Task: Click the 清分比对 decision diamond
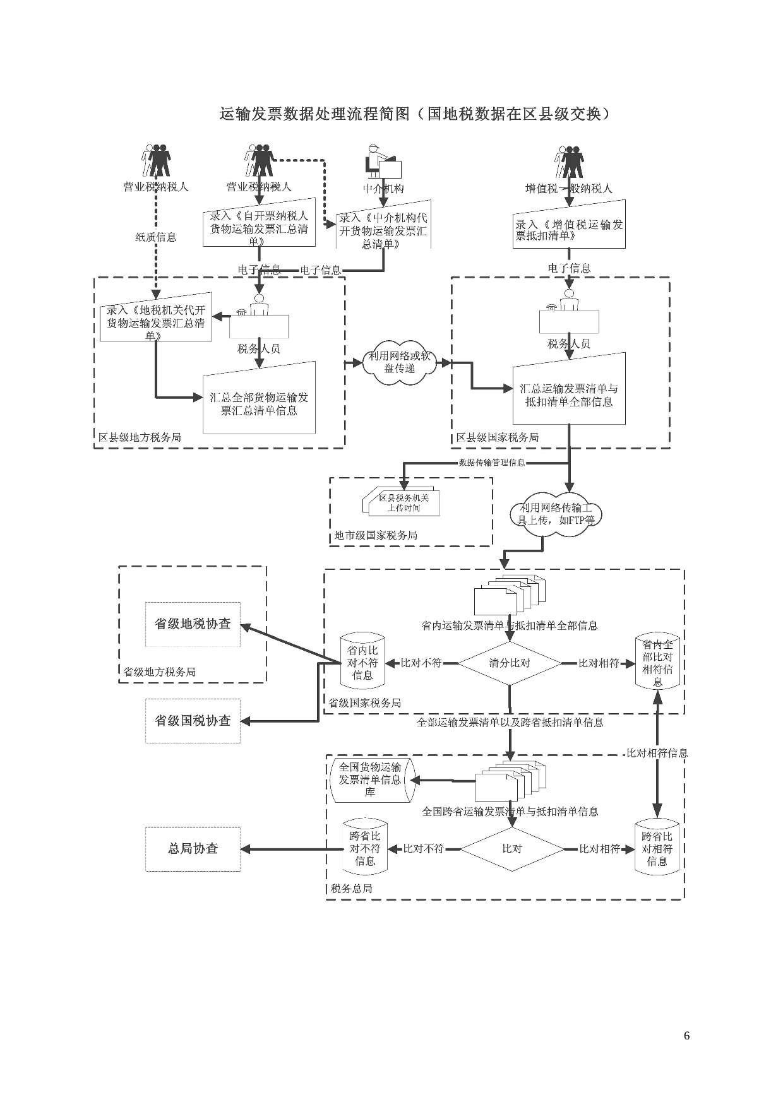click(509, 663)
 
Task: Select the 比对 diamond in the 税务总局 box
click(511, 849)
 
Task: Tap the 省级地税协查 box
click(193, 624)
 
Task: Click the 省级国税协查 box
click(193, 721)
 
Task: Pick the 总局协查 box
click(193, 849)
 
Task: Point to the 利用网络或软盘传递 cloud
click(400, 364)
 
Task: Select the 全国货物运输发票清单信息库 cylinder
click(371, 780)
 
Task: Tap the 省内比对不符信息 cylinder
click(362, 663)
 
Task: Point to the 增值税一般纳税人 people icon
click(569, 162)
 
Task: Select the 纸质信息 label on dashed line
click(156, 237)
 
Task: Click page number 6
click(686, 1036)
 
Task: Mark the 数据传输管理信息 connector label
click(491, 463)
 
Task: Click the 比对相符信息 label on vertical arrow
click(657, 753)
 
